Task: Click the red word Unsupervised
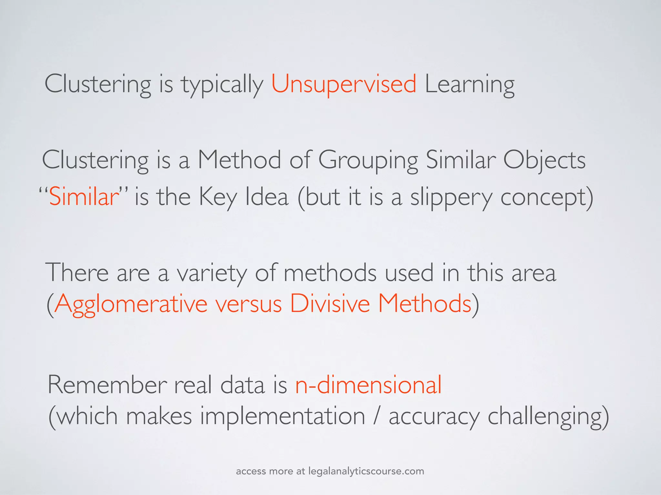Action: click(344, 84)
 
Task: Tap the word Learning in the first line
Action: click(470, 84)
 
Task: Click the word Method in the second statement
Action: click(239, 160)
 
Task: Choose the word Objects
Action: click(544, 160)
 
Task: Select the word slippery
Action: click(451, 197)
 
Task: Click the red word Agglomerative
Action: click(131, 304)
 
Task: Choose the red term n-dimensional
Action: click(368, 385)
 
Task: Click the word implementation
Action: click(282, 416)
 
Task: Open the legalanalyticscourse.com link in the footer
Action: click(366, 471)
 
